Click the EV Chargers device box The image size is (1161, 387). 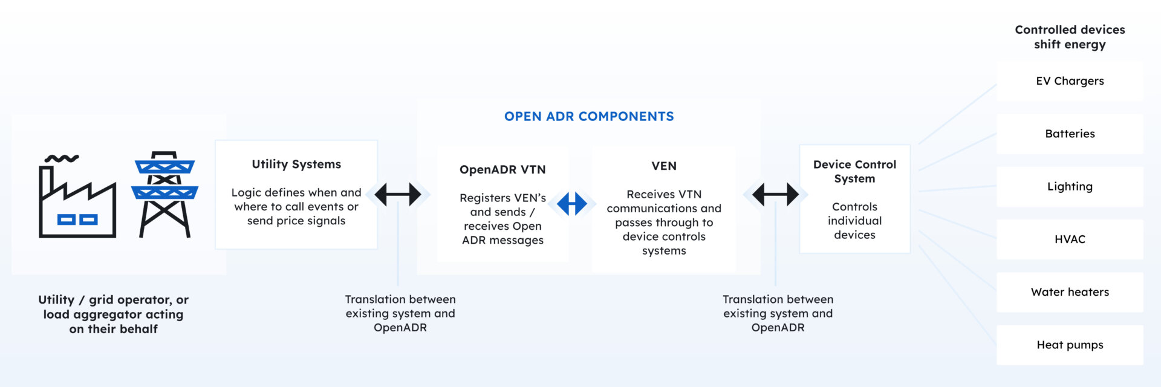tap(1069, 81)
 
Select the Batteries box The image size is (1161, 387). tap(1069, 134)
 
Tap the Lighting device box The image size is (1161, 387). tap(1069, 186)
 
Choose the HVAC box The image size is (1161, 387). tap(1069, 239)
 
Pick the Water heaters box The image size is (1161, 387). tap(1069, 292)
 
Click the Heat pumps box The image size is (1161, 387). tap(1069, 345)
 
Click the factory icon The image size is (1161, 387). tap(77, 203)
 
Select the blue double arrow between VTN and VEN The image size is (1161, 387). tap(572, 204)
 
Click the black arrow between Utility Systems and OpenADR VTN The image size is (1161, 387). tap(398, 195)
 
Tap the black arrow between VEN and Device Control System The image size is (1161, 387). tap(775, 195)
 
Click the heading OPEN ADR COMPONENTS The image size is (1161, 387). tap(589, 117)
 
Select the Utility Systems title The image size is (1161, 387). tap(296, 164)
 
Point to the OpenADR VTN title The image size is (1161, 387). tap(502, 170)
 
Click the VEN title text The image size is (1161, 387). tap(664, 166)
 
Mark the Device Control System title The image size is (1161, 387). tap(854, 171)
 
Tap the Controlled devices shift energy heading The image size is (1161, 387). tap(1069, 37)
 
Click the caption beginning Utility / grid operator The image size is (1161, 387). tap(113, 314)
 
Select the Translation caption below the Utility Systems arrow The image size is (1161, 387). tap(400, 313)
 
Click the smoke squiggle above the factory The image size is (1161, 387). tap(62, 158)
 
